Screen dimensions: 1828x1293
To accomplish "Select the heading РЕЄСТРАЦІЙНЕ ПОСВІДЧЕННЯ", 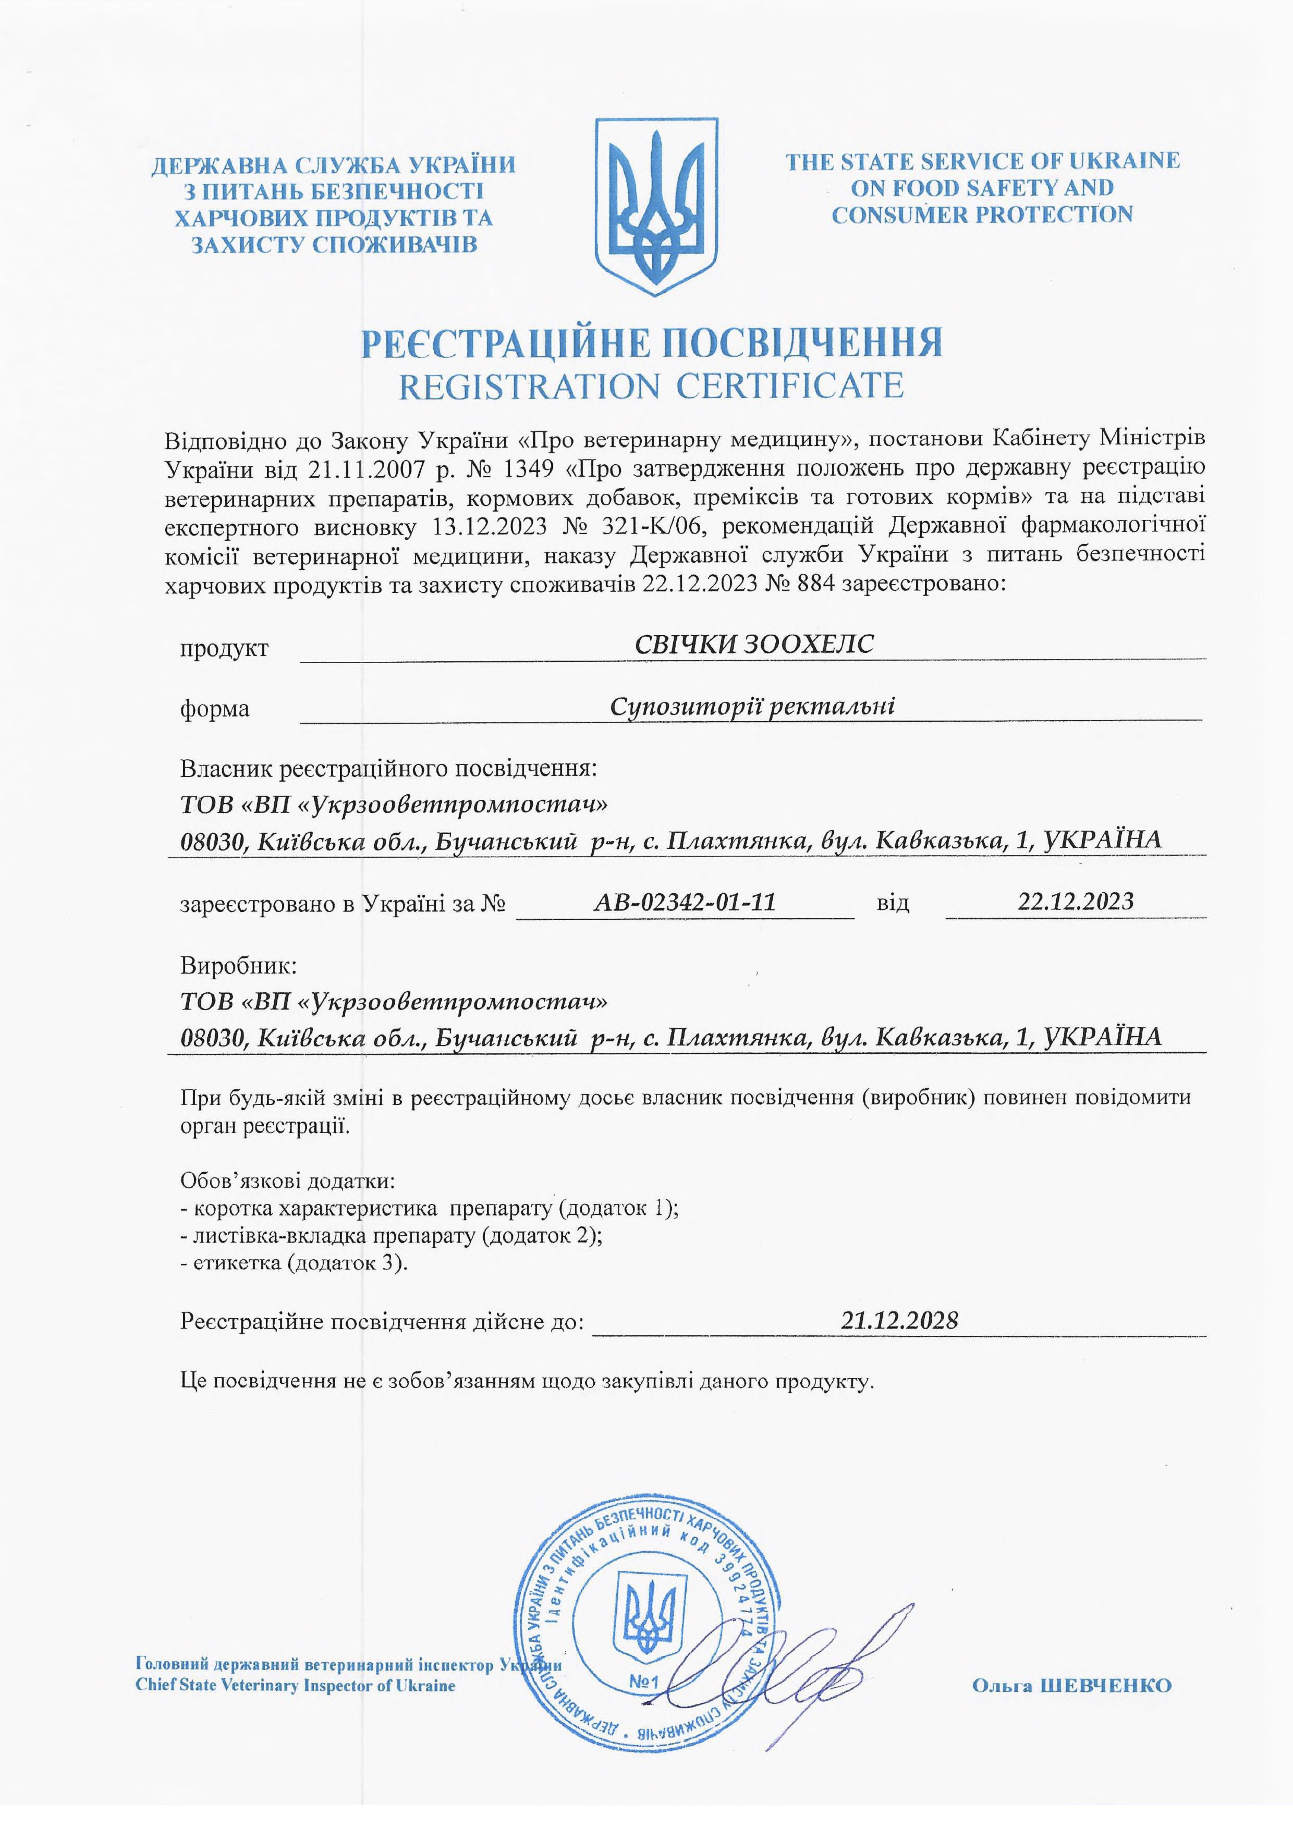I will coord(651,342).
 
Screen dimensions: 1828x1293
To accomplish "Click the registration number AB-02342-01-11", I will coord(685,902).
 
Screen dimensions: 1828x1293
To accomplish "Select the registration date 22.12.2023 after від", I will coord(1075,901).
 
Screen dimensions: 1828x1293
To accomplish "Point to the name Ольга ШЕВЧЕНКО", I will coord(1071,1685).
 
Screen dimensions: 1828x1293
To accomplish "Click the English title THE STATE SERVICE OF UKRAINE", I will coord(982,162).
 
